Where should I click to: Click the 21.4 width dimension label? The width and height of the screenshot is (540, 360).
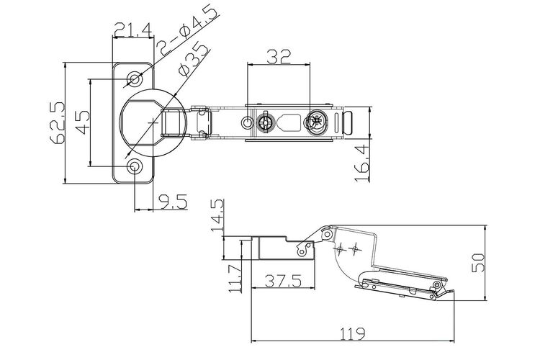(133, 30)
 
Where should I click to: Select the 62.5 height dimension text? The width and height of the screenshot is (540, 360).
(57, 122)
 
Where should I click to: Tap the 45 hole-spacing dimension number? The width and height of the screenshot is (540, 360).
(81, 122)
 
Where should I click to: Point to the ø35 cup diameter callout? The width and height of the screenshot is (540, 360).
(194, 58)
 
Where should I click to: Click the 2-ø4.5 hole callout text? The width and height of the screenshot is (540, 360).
(189, 30)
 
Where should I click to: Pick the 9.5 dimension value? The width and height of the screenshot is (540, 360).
(173, 202)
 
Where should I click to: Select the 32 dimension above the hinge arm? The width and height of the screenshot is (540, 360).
(279, 56)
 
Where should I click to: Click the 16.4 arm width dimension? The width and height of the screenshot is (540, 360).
(361, 163)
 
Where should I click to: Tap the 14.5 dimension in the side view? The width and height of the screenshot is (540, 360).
(217, 215)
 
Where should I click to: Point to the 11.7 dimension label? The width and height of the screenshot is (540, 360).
(235, 279)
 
